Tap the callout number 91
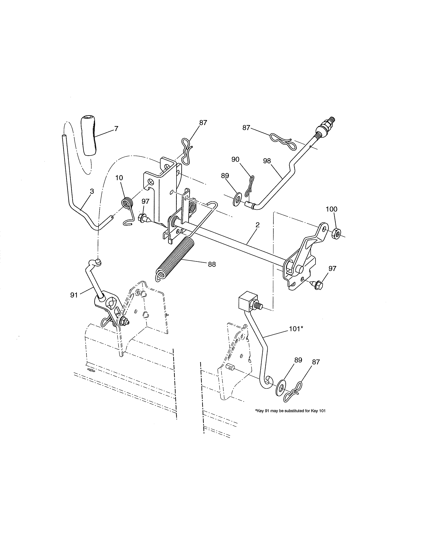[74, 295]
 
